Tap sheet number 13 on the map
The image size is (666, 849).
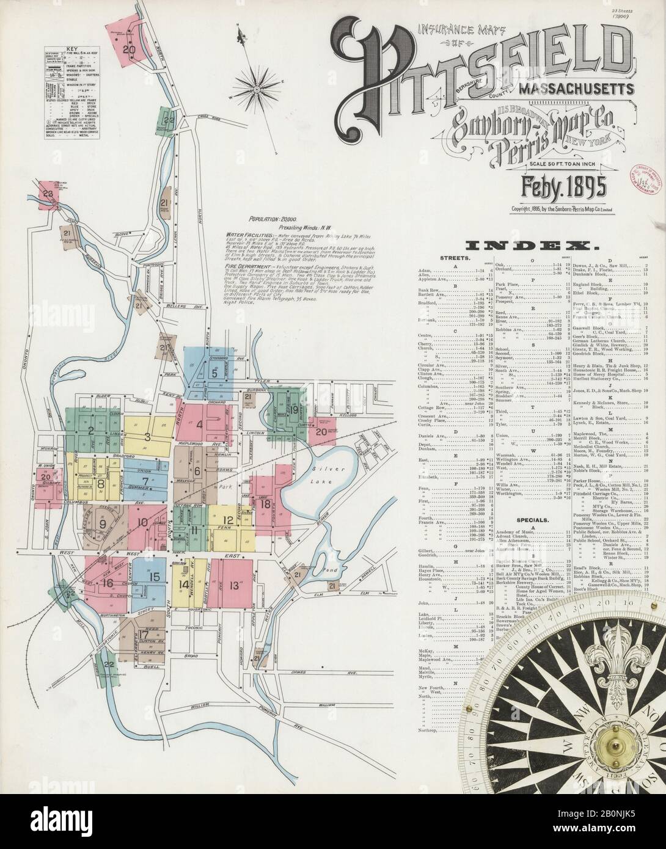pyautogui.click(x=233, y=585)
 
